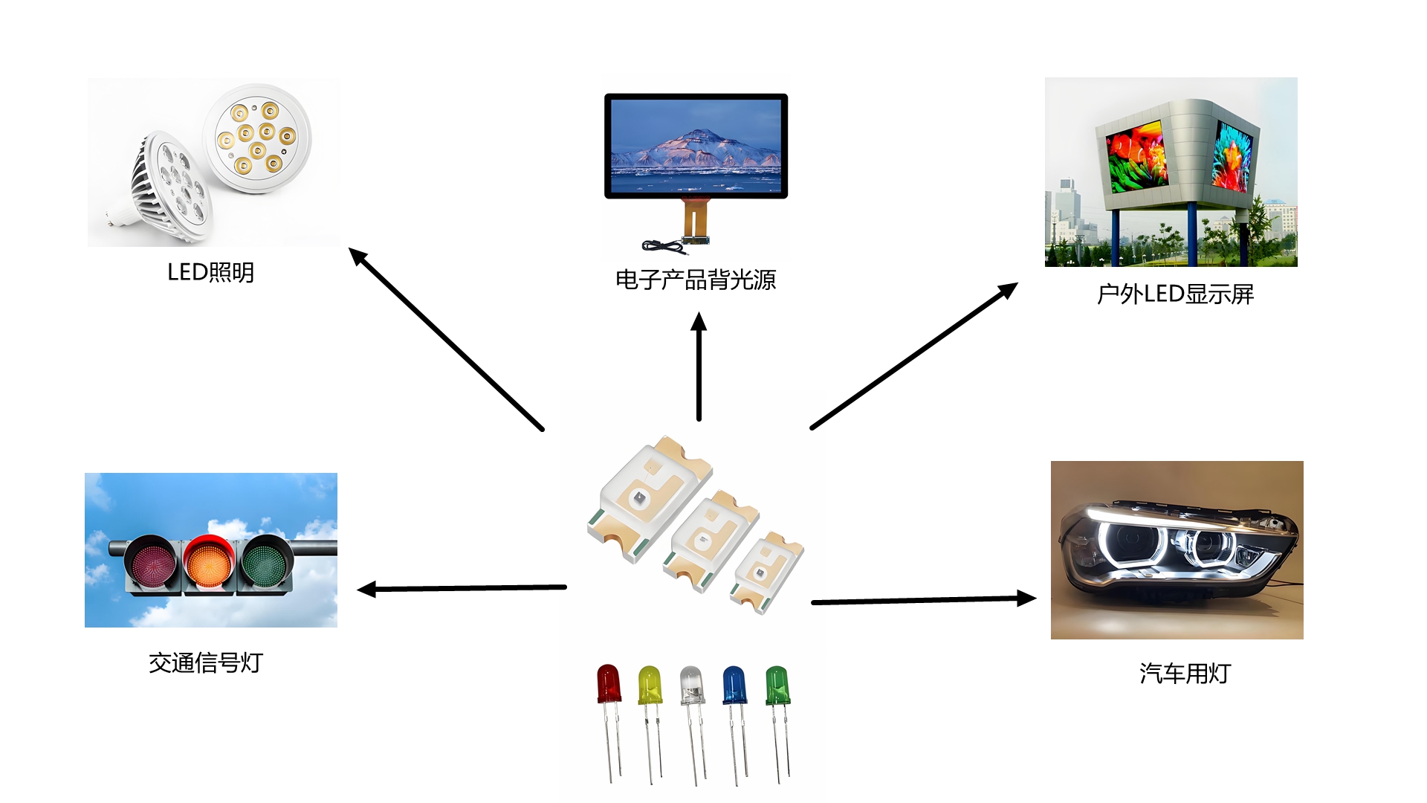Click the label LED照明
(x=210, y=273)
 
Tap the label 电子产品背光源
(x=696, y=280)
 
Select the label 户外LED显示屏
(x=1175, y=294)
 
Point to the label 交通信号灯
(x=206, y=663)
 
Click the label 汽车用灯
(x=1185, y=674)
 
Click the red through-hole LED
(x=609, y=685)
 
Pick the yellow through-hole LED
(x=650, y=686)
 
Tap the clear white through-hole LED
(x=691, y=686)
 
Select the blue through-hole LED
(x=734, y=686)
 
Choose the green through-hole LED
(x=777, y=686)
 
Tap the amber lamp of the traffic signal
(x=209, y=563)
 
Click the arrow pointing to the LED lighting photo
(x=447, y=339)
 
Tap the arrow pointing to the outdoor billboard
(x=913, y=356)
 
